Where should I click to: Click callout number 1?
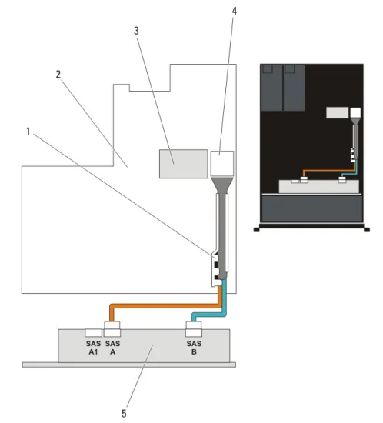tap(28, 132)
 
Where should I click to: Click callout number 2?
tap(58, 75)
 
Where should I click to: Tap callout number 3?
tap(136, 31)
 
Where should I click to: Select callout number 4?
tap(234, 11)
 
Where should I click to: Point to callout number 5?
tap(124, 413)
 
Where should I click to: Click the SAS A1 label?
tap(93, 348)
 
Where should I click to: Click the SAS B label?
tap(194, 348)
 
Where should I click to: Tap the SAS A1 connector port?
tap(93, 333)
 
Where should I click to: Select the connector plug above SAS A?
tap(112, 329)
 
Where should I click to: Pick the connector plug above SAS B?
tap(194, 329)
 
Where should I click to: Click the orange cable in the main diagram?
tap(165, 305)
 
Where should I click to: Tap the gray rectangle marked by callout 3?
tap(183, 164)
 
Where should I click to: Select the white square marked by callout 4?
tap(222, 164)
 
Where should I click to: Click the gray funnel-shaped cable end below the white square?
tap(222, 185)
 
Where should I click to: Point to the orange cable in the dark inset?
tap(329, 170)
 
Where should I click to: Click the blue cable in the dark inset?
tap(355, 168)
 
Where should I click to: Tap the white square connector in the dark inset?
tap(355, 112)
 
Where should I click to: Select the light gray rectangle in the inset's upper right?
tap(337, 112)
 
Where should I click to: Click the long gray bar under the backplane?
tap(129, 365)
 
